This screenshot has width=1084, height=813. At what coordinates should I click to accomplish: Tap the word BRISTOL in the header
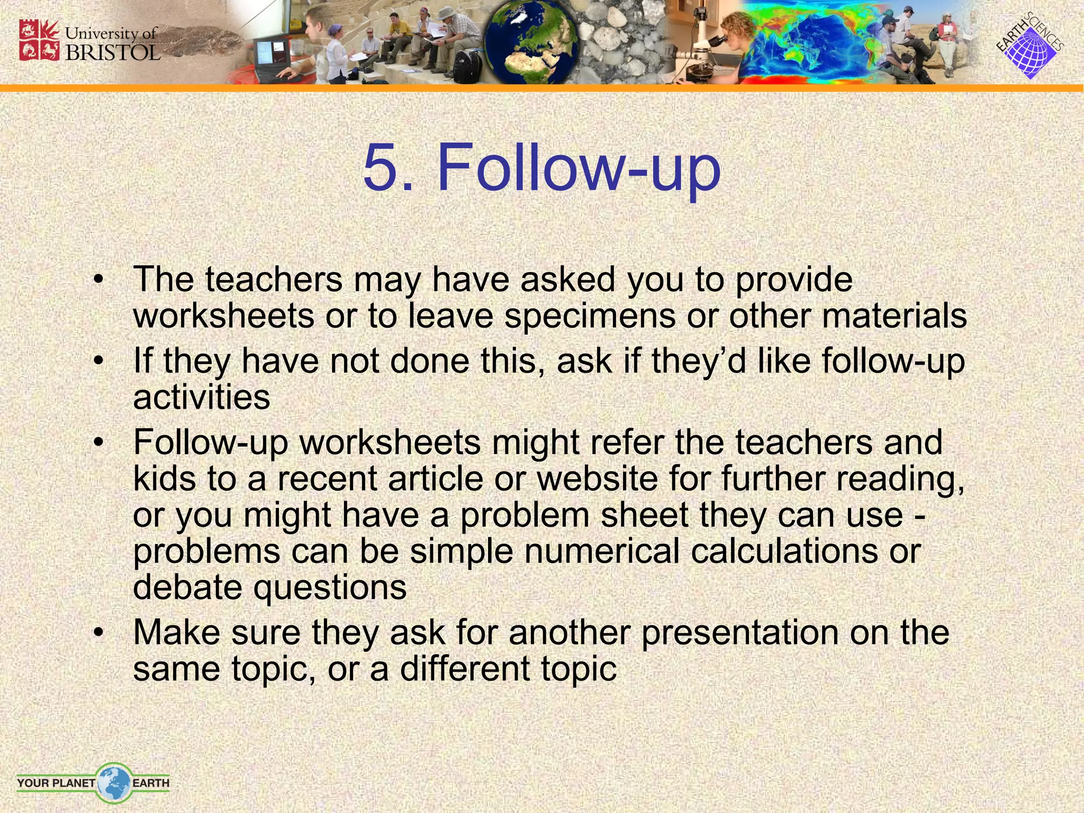pyautogui.click(x=112, y=52)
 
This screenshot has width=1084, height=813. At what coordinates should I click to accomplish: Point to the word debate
pyautogui.click(x=187, y=587)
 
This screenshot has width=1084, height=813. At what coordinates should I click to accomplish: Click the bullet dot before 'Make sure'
pyautogui.click(x=97, y=633)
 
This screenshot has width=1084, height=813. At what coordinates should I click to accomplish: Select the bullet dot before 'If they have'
pyautogui.click(x=97, y=362)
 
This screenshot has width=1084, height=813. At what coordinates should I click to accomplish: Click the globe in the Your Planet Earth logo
pyautogui.click(x=113, y=782)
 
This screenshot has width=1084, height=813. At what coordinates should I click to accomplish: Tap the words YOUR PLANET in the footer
pyautogui.click(x=56, y=782)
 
